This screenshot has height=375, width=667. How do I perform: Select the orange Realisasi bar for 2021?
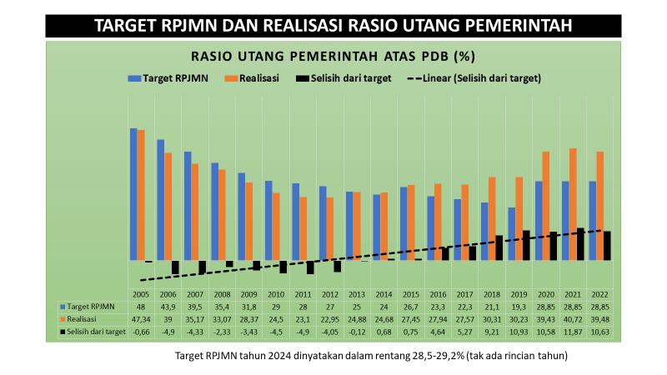574,204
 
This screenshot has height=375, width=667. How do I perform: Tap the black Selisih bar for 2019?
525,245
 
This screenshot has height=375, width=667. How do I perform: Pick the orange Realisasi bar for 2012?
330,228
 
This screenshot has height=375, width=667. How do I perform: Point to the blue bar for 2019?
512,233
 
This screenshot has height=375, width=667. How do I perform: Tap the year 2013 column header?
357,295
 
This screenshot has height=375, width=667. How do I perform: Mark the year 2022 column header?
598,295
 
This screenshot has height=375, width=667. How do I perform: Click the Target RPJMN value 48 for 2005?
140,307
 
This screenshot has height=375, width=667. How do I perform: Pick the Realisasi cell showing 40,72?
571,319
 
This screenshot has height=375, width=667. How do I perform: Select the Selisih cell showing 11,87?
571,332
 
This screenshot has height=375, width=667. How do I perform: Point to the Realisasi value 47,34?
140,319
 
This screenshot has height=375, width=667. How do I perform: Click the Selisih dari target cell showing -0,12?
357,332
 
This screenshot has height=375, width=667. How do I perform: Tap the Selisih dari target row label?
96,332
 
